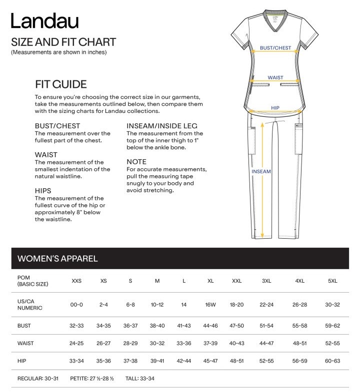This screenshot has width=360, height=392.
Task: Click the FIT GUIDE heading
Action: [61, 84]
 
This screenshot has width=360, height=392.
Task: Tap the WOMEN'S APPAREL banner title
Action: [57, 259]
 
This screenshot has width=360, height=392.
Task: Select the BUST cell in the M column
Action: [157, 325]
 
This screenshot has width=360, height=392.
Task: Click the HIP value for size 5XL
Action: [332, 361]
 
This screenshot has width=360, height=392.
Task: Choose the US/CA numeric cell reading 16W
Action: [210, 305]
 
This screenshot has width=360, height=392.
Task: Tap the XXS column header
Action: [76, 281]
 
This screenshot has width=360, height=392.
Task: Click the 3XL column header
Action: [266, 281]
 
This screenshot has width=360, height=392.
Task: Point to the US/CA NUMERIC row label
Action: [30, 305]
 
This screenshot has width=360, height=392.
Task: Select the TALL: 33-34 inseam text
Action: [140, 379]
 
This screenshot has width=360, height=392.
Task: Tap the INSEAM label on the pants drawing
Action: [261, 172]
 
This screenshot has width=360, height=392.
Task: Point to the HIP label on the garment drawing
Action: [275, 107]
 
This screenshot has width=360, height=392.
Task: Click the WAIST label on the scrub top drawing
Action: [275, 78]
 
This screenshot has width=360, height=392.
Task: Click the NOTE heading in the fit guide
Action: [136, 162]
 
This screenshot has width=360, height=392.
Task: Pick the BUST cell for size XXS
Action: [76, 325]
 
